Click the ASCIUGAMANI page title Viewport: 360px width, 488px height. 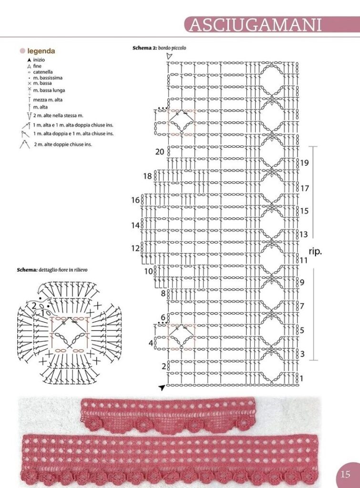tap(256, 25)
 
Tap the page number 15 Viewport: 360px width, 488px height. tap(345, 474)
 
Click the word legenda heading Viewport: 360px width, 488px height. tap(41, 51)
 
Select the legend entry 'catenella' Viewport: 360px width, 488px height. tap(43, 72)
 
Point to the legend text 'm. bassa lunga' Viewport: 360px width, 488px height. tap(49, 90)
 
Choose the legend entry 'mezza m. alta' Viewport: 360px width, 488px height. tap(48, 100)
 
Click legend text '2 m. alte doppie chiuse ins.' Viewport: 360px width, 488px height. tap(63, 144)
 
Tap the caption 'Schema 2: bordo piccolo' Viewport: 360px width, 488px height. tap(159, 48)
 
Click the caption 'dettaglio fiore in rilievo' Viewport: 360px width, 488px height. tap(63, 270)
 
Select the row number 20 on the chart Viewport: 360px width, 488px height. tap(159, 152)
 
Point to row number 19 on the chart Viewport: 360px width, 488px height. tap(304, 163)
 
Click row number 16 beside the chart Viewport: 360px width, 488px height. tap(135, 200)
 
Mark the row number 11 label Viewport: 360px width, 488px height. tap(304, 260)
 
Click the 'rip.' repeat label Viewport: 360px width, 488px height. tap(315, 251)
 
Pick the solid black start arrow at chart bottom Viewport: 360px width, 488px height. tap(162, 387)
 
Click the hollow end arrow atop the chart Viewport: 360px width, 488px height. tap(169, 56)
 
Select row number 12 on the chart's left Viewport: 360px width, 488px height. tap(135, 248)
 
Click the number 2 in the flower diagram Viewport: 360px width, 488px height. tap(34, 305)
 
